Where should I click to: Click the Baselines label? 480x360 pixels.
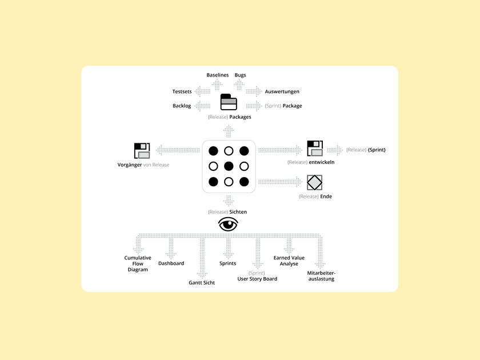tap(217, 75)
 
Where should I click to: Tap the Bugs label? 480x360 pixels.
tap(240, 75)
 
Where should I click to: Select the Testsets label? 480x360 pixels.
tap(182, 91)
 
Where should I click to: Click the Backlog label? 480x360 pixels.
tap(182, 106)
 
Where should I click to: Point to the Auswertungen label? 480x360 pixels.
tap(282, 91)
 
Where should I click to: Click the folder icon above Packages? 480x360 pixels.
tap(229, 102)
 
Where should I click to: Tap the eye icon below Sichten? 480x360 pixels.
tap(228, 224)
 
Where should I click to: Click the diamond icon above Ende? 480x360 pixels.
tap(314, 182)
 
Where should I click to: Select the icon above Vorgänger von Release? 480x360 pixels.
tap(142, 151)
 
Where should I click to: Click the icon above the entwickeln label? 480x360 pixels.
tap(315, 149)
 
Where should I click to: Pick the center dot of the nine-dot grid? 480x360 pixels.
tap(229, 166)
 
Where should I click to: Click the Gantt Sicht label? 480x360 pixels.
tap(202, 283)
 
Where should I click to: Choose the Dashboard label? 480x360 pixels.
tap(171, 263)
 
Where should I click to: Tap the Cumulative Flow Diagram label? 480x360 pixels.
tap(138, 263)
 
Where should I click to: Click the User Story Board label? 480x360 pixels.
tap(257, 279)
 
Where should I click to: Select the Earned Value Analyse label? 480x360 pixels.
tap(289, 261)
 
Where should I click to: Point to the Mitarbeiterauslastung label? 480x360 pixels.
tap(321, 276)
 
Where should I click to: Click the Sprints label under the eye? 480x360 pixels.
tap(227, 263)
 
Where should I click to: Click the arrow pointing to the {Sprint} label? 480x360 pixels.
tap(335, 150)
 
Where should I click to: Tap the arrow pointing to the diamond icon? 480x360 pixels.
tap(280, 182)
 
